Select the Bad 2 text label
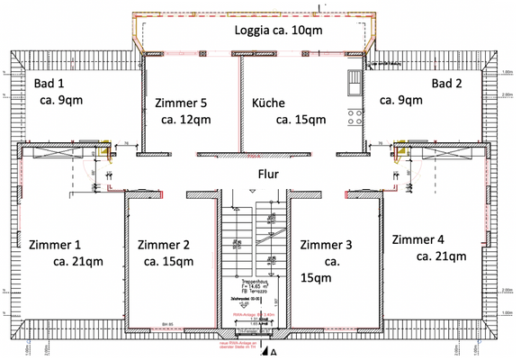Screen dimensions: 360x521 [447, 84]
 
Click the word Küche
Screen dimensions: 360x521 [269, 102]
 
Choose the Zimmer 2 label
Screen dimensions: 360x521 [163, 244]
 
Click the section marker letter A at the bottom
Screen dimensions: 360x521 [287, 353]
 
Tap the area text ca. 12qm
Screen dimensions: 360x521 [186, 119]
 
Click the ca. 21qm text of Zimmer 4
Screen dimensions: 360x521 [441, 256]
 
